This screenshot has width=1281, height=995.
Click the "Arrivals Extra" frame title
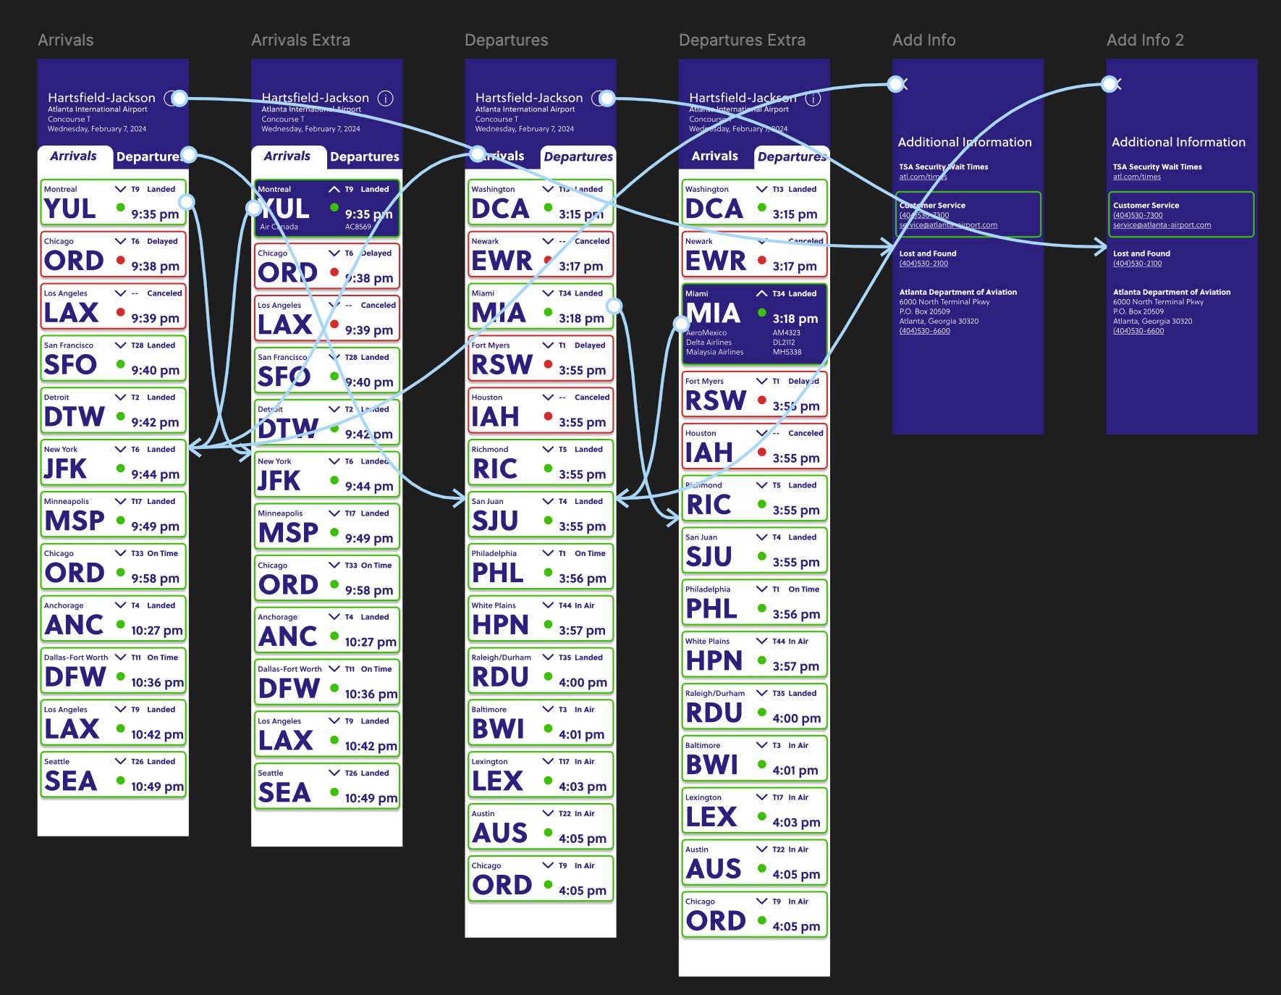(x=300, y=41)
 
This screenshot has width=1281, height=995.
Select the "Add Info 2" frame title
(x=1145, y=41)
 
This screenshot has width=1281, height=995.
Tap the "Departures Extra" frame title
(x=742, y=41)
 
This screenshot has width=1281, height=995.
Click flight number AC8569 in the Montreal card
(x=358, y=227)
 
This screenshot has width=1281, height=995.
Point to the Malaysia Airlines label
(x=714, y=352)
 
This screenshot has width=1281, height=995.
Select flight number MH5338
(x=787, y=352)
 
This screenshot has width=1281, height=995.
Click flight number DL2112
(x=784, y=343)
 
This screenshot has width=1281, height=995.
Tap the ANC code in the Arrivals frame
(x=75, y=625)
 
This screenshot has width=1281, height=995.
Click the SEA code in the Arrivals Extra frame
(x=284, y=793)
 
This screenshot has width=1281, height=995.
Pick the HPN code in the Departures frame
(x=500, y=625)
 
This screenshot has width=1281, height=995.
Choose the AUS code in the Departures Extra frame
(x=714, y=869)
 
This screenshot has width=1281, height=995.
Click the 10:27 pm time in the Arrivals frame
(x=156, y=631)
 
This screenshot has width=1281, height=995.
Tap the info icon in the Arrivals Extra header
(x=386, y=98)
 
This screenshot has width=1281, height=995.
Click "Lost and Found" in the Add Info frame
(x=928, y=253)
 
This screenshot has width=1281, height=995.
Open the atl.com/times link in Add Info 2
(x=1136, y=177)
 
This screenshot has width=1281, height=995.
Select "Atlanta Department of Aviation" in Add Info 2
(x=1172, y=292)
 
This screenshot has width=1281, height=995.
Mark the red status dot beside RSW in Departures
(x=548, y=364)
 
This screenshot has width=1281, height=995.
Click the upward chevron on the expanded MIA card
(x=761, y=293)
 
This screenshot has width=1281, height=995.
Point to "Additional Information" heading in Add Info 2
(x=1178, y=142)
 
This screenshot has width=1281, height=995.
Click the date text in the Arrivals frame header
(x=97, y=129)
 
